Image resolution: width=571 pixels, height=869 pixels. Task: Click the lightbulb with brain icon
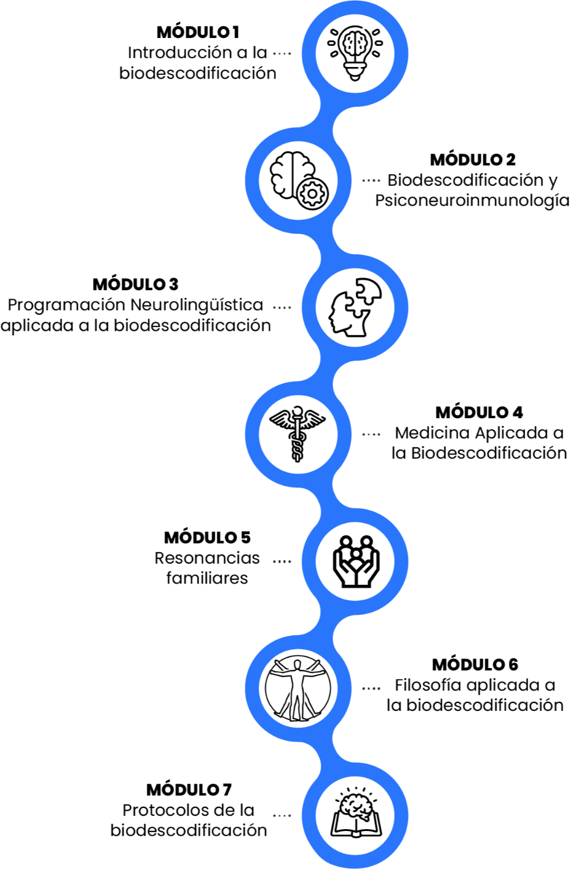[355, 53]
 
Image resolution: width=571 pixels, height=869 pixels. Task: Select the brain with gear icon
[298, 180]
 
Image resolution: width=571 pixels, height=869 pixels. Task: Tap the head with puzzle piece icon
[355, 307]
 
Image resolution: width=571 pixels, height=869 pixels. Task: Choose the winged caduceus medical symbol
[298, 434]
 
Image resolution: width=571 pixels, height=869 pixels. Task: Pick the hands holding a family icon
[355, 561]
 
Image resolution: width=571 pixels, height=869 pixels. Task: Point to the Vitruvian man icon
[298, 689]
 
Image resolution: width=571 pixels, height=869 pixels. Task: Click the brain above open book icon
[355, 815]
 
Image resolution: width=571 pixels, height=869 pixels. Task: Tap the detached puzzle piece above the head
[368, 291]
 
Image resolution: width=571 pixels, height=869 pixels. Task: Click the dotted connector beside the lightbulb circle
[282, 54]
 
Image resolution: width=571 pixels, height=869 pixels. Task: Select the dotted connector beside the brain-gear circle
[371, 180]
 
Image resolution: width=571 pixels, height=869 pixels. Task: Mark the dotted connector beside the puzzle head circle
[282, 307]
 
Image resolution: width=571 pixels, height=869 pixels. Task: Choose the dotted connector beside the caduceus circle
[371, 434]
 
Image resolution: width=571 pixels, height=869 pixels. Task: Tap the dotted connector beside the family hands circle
[282, 562]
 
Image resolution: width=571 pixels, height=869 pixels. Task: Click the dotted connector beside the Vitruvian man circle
[371, 689]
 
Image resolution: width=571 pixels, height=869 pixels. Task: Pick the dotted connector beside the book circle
[282, 816]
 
